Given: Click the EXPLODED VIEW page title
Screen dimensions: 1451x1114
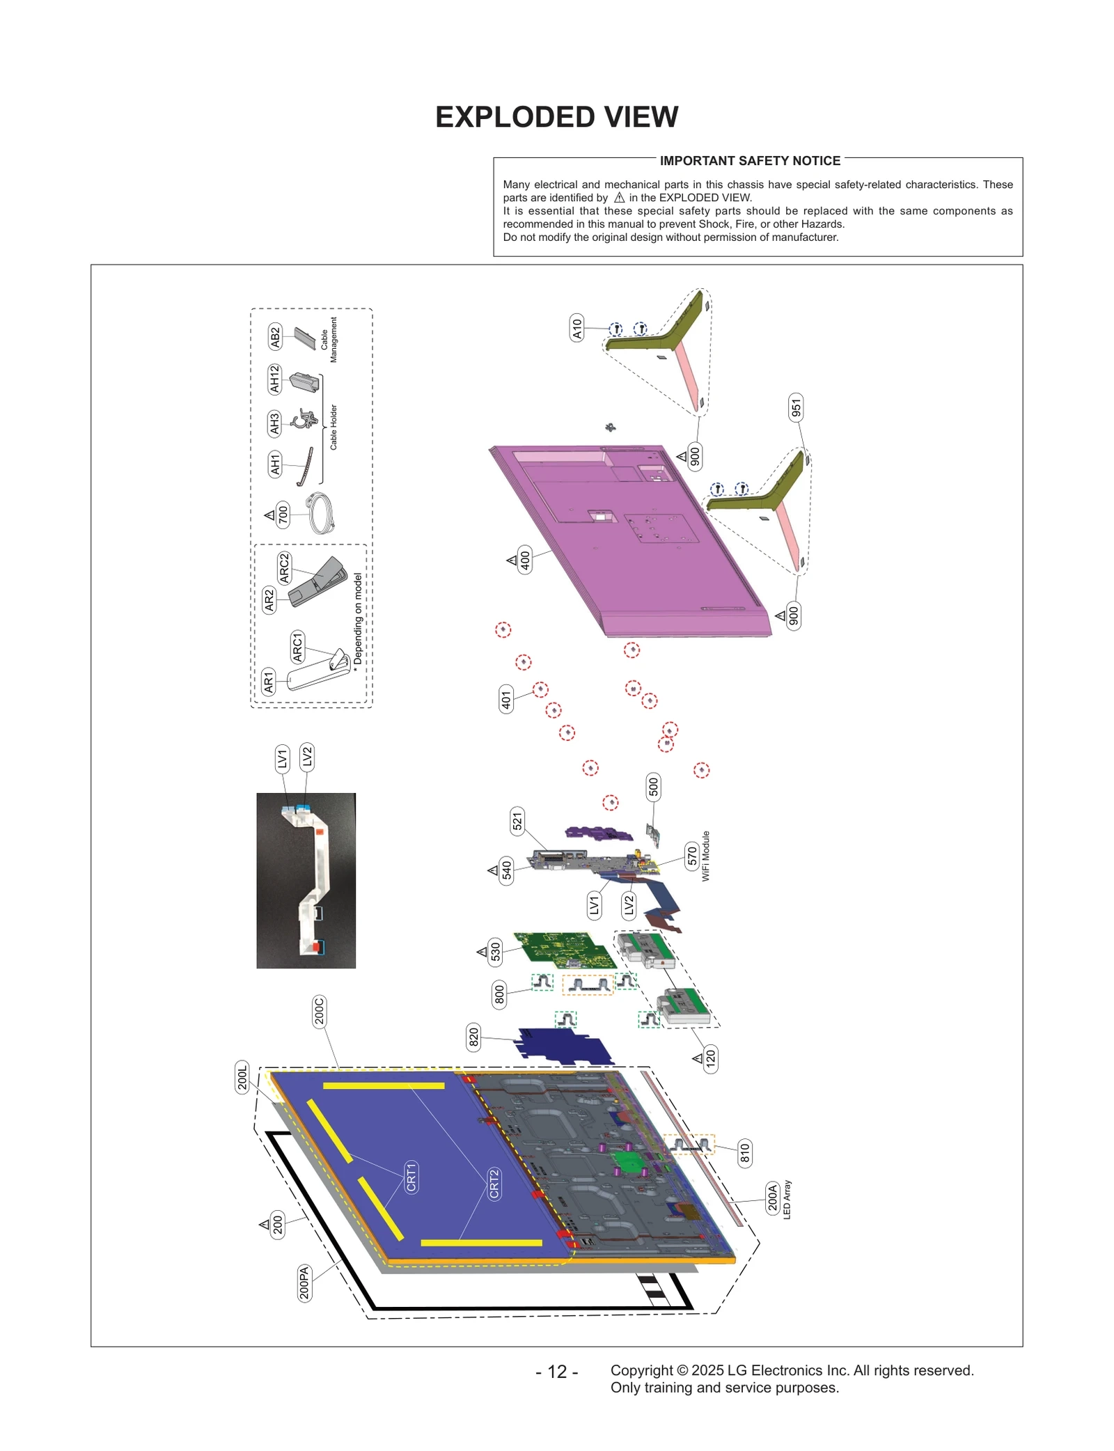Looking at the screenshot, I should point(556,117).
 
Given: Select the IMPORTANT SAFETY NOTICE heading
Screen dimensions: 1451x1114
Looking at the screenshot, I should point(750,161).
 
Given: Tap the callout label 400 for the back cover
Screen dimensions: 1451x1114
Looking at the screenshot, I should point(525,559).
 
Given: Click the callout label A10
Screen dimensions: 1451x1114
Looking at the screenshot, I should point(576,327).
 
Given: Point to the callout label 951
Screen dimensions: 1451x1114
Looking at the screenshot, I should point(796,407).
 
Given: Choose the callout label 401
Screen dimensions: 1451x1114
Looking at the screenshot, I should point(506,698).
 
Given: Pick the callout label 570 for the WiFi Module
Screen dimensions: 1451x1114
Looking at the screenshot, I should point(692,855).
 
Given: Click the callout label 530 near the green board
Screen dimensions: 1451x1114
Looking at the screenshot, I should point(495,951).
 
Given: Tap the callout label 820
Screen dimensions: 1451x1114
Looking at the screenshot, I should point(473,1037).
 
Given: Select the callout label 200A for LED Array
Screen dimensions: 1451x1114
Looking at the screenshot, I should point(772,1198).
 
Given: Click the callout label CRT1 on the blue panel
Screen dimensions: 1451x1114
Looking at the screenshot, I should point(411,1177).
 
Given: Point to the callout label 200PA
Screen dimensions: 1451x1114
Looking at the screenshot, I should point(304,1283).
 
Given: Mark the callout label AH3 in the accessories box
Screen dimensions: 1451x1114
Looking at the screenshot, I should point(274,423).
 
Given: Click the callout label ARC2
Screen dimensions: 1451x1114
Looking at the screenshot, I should point(284,568).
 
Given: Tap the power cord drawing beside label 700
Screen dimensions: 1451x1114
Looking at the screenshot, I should point(322,513).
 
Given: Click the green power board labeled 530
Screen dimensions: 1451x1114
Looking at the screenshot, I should point(564,950).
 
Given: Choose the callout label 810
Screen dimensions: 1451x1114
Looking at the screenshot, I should point(744,1153).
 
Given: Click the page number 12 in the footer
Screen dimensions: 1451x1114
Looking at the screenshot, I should point(556,1372).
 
